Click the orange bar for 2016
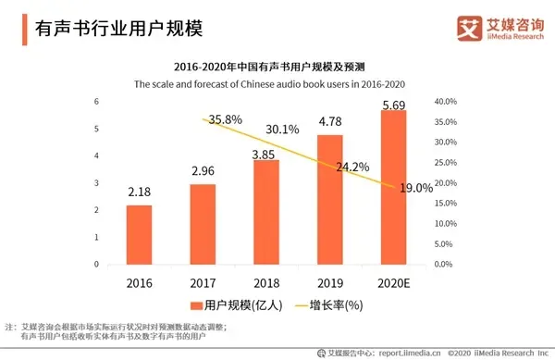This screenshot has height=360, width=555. (x=139, y=234)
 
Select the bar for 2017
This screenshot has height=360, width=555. (x=203, y=224)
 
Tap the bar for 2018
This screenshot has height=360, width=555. (x=265, y=212)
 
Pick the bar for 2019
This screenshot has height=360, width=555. (x=329, y=199)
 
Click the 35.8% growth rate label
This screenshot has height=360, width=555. (x=225, y=119)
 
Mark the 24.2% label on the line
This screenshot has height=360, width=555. (x=352, y=167)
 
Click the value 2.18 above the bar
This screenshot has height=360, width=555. (x=139, y=192)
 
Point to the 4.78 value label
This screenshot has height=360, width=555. (x=329, y=121)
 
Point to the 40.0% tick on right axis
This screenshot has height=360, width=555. (x=447, y=102)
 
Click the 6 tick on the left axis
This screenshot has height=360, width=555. (x=96, y=102)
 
